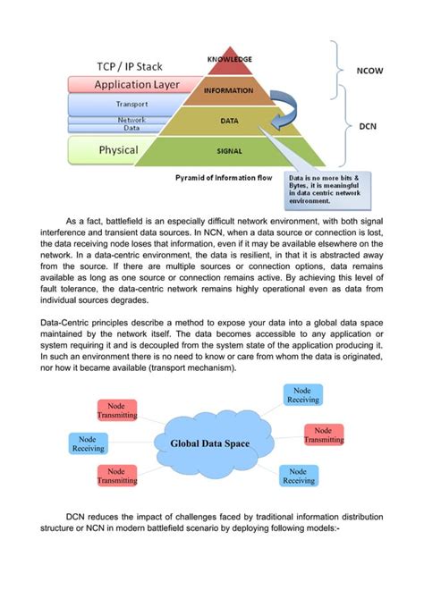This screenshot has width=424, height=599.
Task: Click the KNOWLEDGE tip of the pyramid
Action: (229, 61)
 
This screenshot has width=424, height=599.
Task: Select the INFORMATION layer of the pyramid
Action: (229, 90)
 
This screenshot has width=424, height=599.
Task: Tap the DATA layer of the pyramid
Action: (229, 119)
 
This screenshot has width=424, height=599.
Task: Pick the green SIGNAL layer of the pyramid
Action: (229, 150)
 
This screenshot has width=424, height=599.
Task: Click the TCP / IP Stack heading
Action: (136, 68)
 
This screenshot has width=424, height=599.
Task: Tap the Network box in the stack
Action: (132, 119)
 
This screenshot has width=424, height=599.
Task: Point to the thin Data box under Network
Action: (132, 128)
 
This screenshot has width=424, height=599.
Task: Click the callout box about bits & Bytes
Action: (326, 190)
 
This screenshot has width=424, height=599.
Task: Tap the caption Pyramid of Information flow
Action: (221, 179)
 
